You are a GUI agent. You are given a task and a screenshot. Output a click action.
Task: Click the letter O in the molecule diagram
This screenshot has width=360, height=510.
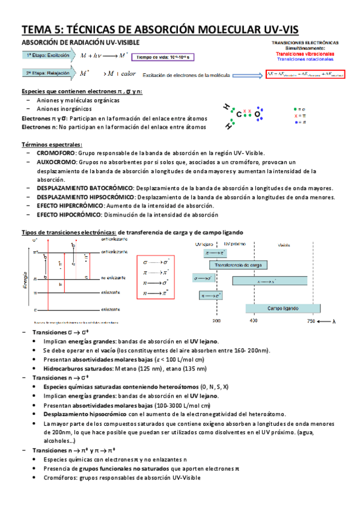click(x=257, y=114)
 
